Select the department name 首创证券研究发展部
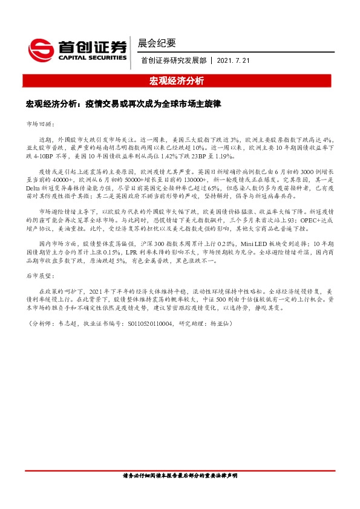pyautogui.click(x=174, y=60)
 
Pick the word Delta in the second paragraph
pyautogui.click(x=34, y=188)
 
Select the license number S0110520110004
pyautogui.click(x=154, y=324)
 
